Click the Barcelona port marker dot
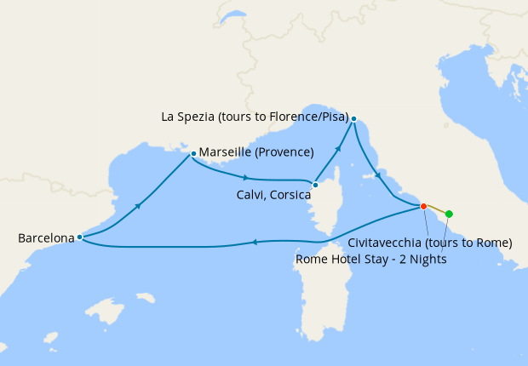79,237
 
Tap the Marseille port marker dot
194,154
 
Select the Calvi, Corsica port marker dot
315,185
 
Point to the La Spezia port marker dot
353,118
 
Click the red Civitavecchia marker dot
423,206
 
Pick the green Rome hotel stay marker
449,214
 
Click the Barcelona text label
45,238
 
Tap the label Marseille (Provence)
257,153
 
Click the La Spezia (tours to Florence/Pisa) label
255,117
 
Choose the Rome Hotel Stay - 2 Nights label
370,259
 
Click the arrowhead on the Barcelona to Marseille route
136,205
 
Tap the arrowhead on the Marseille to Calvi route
246,178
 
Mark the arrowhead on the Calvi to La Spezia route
338,148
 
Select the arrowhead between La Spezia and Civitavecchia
378,175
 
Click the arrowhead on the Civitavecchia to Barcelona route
253,243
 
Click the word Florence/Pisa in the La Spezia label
312,117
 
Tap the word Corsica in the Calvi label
290,193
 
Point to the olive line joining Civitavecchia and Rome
436,209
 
